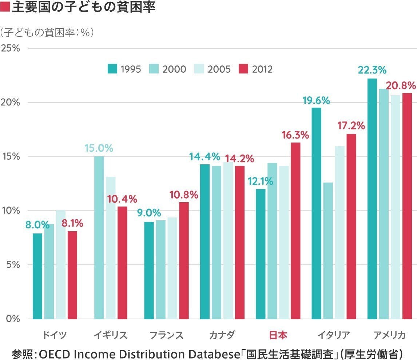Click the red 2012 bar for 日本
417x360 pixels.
[295, 231]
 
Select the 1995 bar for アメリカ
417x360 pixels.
[372, 199]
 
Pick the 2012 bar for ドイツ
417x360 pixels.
[72, 275]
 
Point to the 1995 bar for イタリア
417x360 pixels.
[317, 213]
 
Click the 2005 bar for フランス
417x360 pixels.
[172, 268]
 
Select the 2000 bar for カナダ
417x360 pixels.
[217, 242]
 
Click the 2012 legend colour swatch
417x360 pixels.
[243, 69]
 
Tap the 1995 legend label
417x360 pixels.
[131, 69]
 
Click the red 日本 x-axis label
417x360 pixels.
[278, 335]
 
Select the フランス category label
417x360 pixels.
[166, 335]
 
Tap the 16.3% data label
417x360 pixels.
[295, 135]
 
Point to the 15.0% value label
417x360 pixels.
[99, 148]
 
